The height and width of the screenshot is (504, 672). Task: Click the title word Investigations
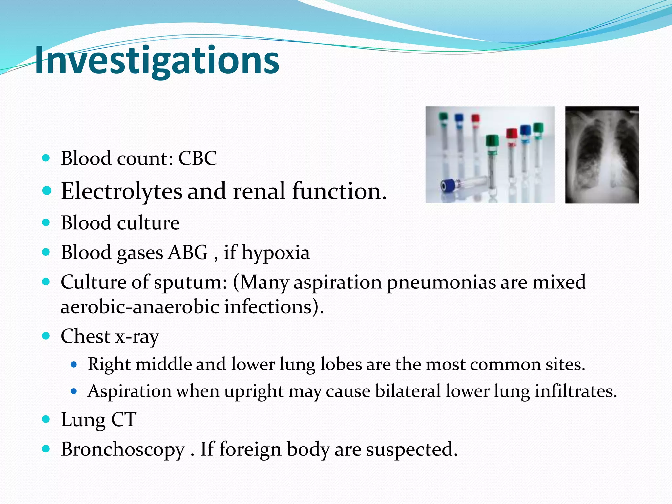click(x=157, y=60)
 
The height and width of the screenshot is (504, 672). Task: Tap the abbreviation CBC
click(x=197, y=158)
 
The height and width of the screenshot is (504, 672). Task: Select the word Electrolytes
click(x=121, y=191)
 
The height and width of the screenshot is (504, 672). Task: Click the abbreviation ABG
click(x=188, y=252)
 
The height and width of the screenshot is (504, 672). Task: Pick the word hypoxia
click(x=276, y=253)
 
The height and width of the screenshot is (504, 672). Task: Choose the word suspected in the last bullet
click(x=411, y=449)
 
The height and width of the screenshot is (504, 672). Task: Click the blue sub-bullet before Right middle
click(x=73, y=364)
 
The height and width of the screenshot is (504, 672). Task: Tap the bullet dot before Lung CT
click(x=46, y=419)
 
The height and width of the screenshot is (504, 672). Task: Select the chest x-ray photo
click(x=602, y=155)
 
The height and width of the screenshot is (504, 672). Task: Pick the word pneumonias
click(x=441, y=283)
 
